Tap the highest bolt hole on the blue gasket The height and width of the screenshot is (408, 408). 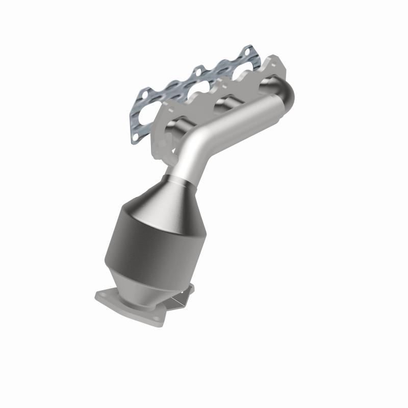pyautogui.click(x=247, y=52)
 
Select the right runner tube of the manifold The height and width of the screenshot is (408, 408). pyautogui.click(x=265, y=82)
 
